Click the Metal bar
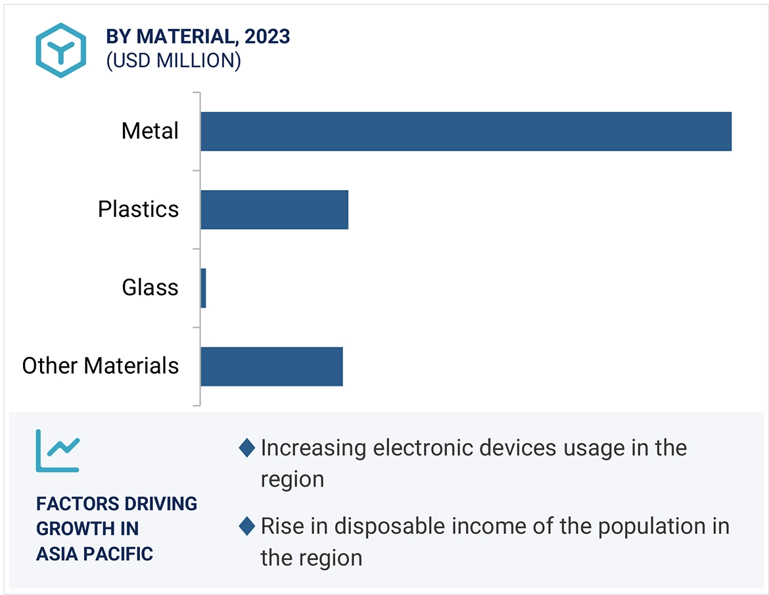(x=465, y=131)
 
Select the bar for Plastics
(x=274, y=210)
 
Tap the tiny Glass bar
(x=203, y=288)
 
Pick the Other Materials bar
(x=271, y=366)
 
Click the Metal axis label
(x=150, y=131)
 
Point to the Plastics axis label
(x=138, y=209)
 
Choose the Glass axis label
(x=150, y=287)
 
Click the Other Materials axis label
(x=101, y=366)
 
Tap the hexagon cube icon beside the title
(x=60, y=51)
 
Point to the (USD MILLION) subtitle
(x=174, y=60)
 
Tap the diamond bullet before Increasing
(x=246, y=448)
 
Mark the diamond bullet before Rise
(x=246, y=527)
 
